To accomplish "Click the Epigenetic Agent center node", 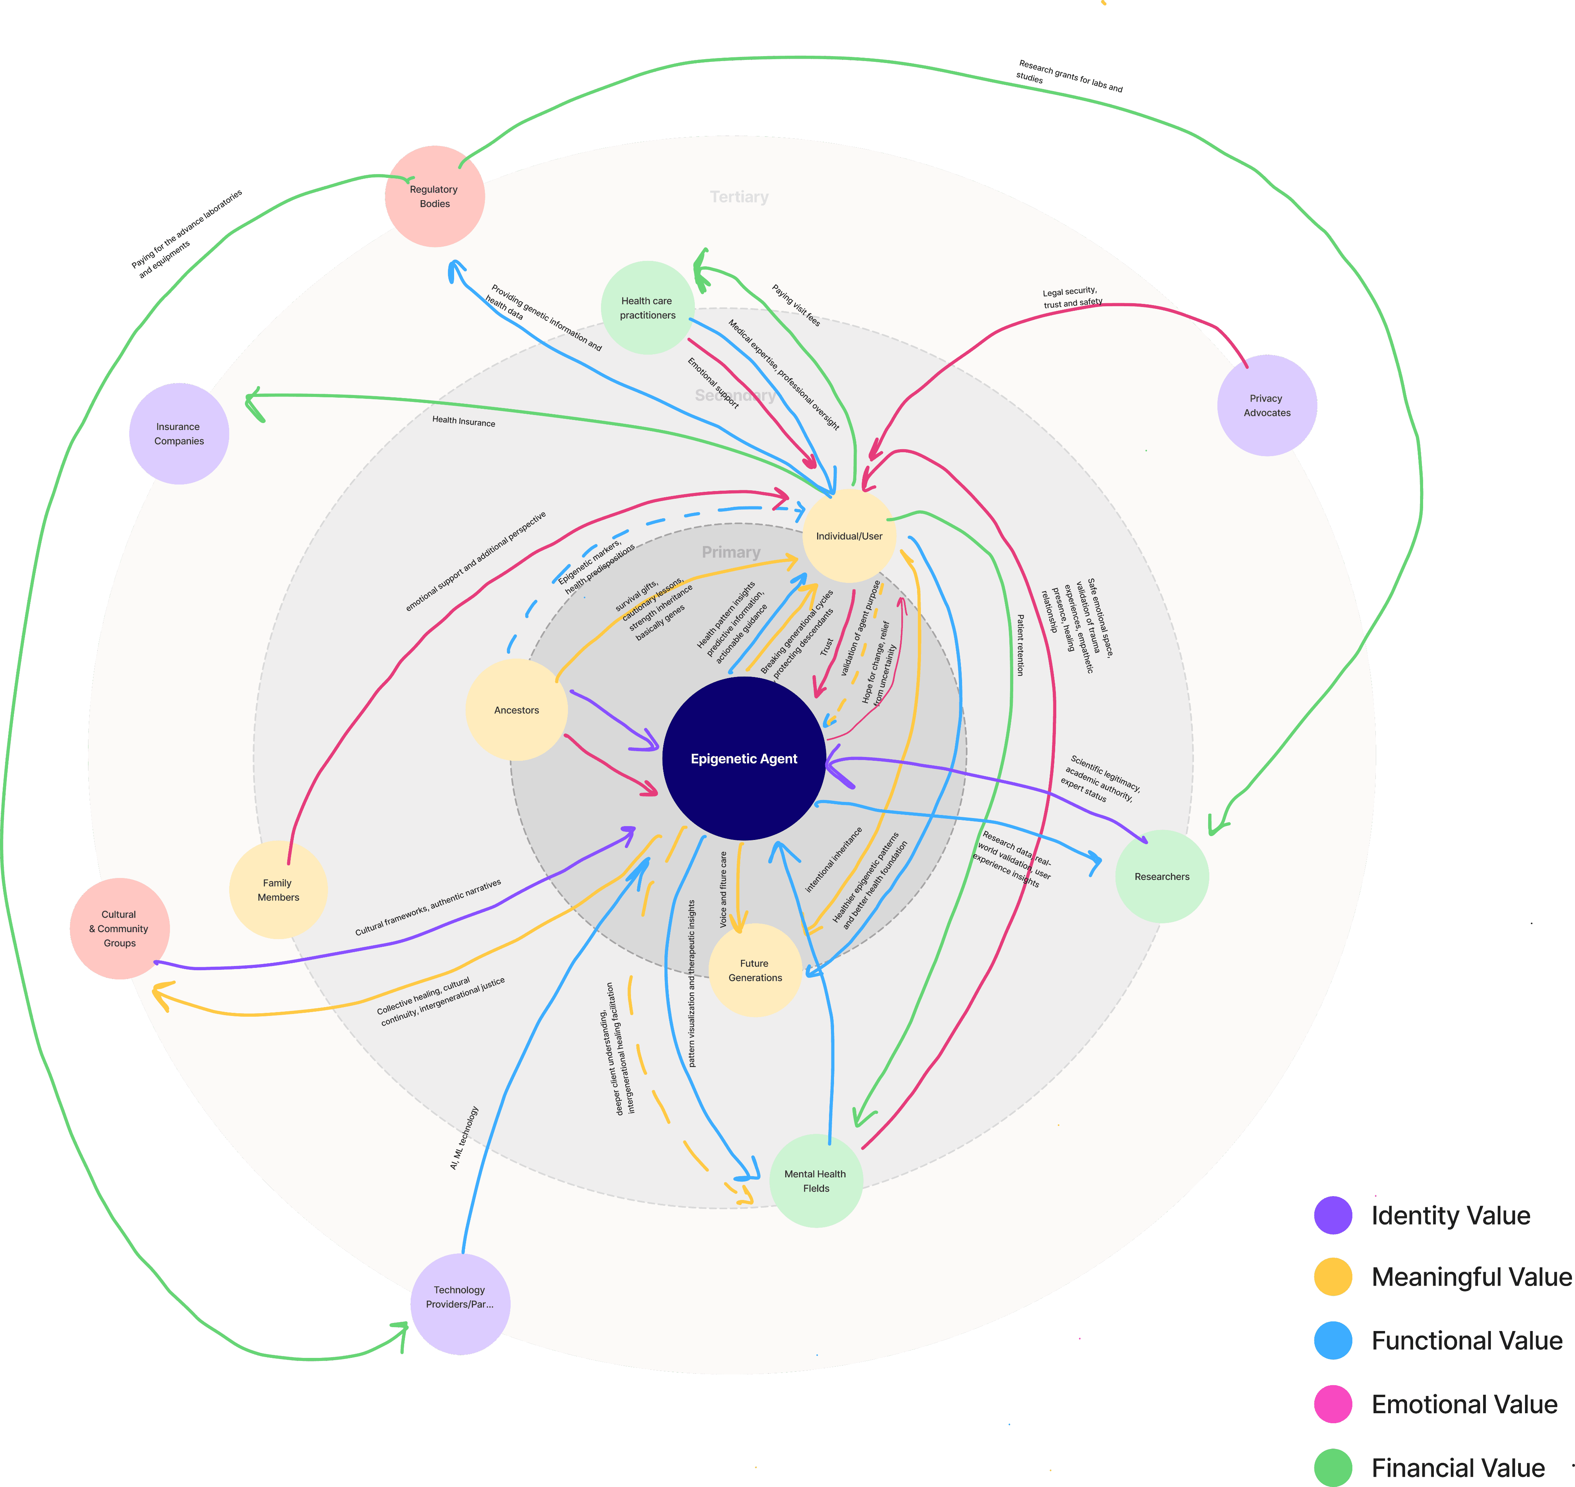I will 744,758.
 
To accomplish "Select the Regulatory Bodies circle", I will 435,197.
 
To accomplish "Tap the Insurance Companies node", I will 179,433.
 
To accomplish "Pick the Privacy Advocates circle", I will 1267,405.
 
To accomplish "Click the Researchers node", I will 1162,876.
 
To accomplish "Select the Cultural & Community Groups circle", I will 120,928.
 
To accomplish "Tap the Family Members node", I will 278,890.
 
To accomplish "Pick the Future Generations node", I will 755,970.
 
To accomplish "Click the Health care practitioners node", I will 648,307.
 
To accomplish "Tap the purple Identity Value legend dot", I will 1333,1215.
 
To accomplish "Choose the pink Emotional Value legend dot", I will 1333,1404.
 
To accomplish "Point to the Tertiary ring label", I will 739,197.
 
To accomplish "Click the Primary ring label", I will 731,553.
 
